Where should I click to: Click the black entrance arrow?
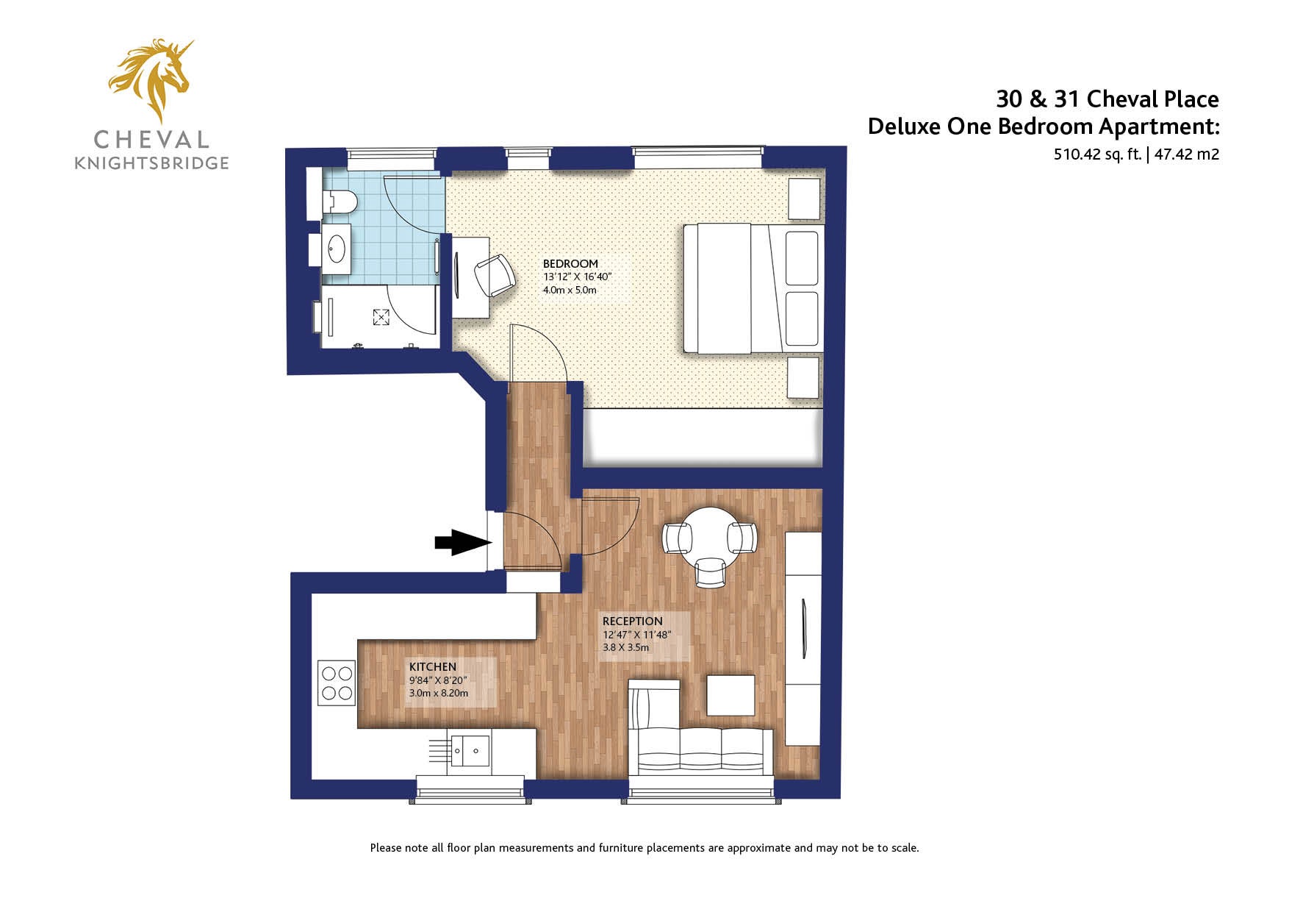463,543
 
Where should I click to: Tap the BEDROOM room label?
570,263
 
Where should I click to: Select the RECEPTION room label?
632,621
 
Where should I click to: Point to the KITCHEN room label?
432,666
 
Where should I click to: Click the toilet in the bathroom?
340,201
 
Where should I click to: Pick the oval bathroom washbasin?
337,249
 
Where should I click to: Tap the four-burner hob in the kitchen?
337,683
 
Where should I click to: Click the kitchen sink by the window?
470,750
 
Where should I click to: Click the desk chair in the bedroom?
495,275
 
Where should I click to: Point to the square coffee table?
730,695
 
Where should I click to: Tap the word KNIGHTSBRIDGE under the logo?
151,163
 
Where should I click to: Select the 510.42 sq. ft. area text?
1098,154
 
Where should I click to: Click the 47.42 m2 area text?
1187,154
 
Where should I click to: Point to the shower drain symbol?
381,317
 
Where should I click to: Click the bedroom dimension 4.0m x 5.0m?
570,290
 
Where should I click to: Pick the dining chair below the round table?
711,572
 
